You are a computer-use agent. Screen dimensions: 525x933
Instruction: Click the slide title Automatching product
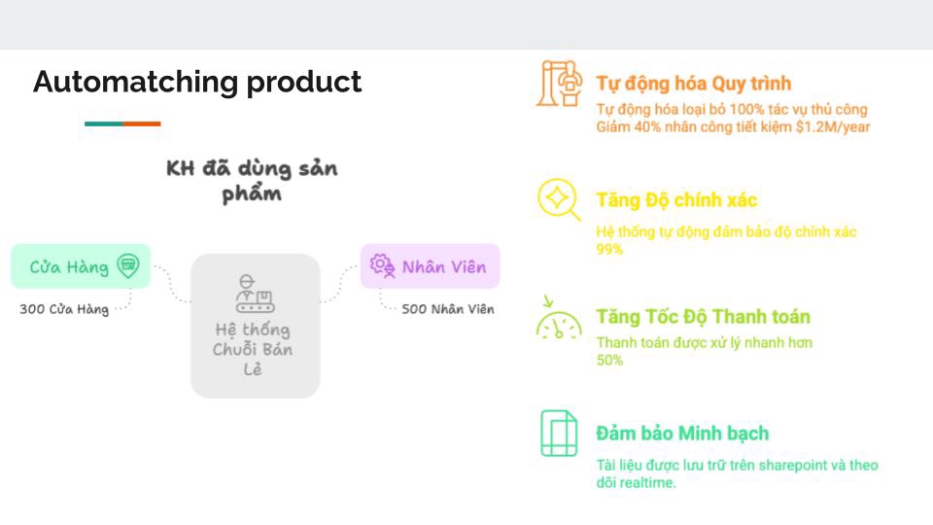pyautogui.click(x=197, y=82)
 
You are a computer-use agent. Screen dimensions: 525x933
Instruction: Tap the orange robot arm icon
pyautogui.click(x=560, y=84)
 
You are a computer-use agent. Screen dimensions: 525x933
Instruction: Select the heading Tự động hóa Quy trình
pyautogui.click(x=694, y=83)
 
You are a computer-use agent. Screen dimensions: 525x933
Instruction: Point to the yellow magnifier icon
pyautogui.click(x=559, y=199)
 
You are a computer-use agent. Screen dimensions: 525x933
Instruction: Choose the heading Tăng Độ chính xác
pyautogui.click(x=676, y=200)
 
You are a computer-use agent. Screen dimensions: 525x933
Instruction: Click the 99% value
pyautogui.click(x=610, y=250)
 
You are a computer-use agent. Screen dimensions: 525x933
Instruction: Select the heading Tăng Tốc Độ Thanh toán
pyautogui.click(x=703, y=317)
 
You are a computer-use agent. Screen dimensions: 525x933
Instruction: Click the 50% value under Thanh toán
pyautogui.click(x=610, y=361)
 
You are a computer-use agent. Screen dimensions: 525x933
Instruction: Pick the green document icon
pyautogui.click(x=559, y=434)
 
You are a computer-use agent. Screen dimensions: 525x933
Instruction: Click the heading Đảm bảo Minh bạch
pyautogui.click(x=682, y=434)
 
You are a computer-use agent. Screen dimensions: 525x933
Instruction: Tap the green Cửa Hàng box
pyautogui.click(x=81, y=266)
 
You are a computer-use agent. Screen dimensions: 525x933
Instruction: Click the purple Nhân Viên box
pyautogui.click(x=430, y=266)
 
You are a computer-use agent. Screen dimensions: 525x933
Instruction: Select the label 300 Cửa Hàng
pyautogui.click(x=64, y=309)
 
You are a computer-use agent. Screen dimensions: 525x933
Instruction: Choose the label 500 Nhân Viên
pyautogui.click(x=448, y=309)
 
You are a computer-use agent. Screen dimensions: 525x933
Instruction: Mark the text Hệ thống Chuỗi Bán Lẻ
pyautogui.click(x=253, y=349)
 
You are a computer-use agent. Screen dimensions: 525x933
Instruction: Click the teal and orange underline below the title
pyautogui.click(x=122, y=123)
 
